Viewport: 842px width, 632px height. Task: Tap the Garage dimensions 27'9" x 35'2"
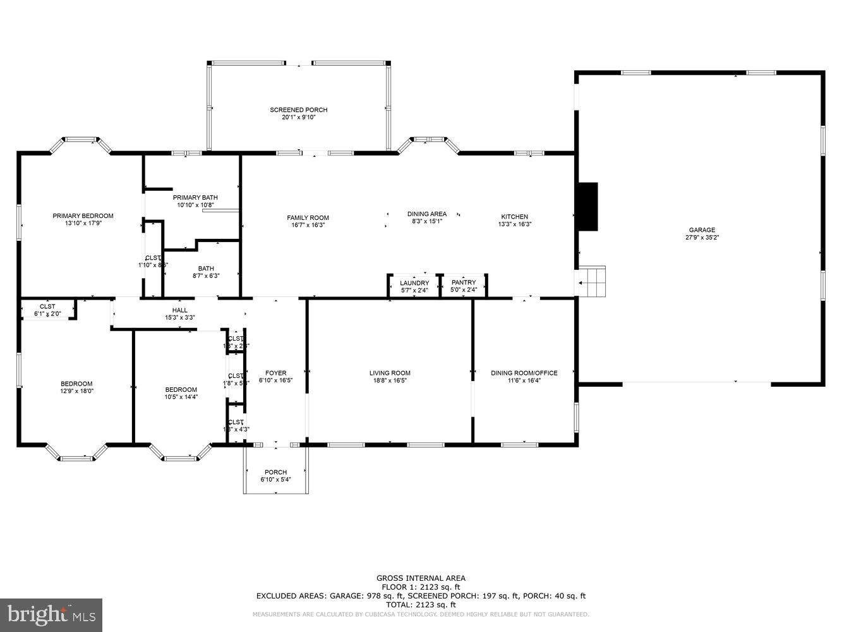[x=702, y=238]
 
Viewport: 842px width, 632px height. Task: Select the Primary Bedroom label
[x=83, y=216]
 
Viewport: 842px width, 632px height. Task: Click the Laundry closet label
[x=414, y=283]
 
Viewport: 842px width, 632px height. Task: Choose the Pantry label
[x=464, y=283]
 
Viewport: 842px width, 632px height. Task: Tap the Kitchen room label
[x=514, y=217]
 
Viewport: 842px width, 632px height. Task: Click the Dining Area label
[x=427, y=214]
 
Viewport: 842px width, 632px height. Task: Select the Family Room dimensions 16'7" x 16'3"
[x=308, y=226]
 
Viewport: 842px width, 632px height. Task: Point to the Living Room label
[x=390, y=373]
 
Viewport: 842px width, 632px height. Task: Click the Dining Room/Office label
[x=524, y=373]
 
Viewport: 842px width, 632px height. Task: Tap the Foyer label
[x=275, y=373]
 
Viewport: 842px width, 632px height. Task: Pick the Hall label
[x=180, y=310]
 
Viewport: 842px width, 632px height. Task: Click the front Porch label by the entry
[x=275, y=472]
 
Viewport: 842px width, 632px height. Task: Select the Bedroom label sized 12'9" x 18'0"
[x=76, y=384]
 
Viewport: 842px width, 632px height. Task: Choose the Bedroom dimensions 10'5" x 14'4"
[x=181, y=398]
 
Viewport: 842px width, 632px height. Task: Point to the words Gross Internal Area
[x=421, y=578]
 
